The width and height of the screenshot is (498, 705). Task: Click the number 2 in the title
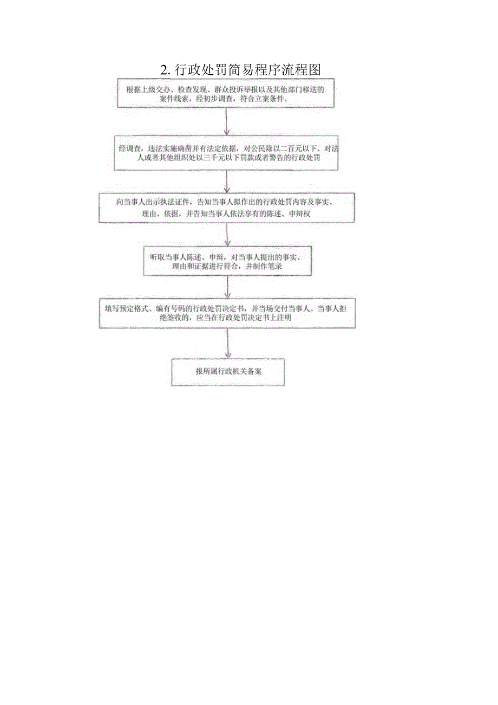coord(164,70)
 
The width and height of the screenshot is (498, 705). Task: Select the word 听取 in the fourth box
coord(158,256)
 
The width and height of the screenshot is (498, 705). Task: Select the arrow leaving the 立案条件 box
coord(228,120)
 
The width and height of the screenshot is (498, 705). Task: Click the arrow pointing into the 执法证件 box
coord(228,182)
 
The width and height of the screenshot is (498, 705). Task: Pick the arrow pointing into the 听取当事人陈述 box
coord(228,234)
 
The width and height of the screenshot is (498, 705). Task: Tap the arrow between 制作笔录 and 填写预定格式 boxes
coord(228,287)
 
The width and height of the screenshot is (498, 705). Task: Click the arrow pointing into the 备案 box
coord(228,344)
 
